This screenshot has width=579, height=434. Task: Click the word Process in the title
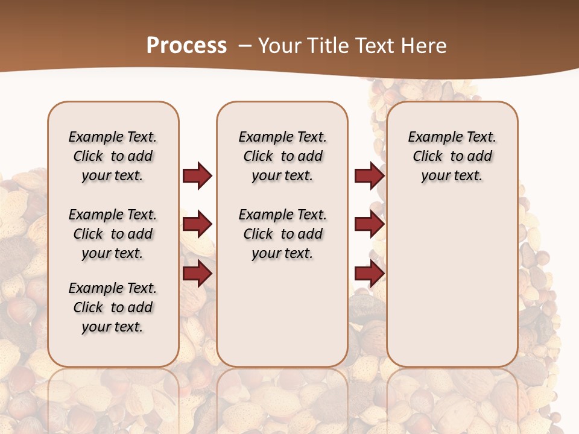click(x=186, y=46)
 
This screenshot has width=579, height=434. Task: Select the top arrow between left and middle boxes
click(x=197, y=175)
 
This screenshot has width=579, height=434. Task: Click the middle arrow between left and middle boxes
click(x=197, y=224)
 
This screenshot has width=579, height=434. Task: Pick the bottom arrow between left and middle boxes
click(x=197, y=273)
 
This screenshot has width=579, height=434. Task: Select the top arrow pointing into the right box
click(x=369, y=175)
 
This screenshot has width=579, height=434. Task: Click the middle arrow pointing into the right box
click(x=369, y=224)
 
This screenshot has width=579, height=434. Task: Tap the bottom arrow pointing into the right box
click(x=369, y=273)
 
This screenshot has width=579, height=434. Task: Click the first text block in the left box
click(x=113, y=156)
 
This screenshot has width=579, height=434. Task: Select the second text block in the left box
click(x=113, y=234)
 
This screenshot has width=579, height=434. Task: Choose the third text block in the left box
click(x=113, y=307)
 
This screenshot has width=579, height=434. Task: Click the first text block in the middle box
click(x=282, y=156)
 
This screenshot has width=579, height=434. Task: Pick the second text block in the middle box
click(x=282, y=234)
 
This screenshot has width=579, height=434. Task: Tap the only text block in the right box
click(x=452, y=156)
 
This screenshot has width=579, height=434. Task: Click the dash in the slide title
click(x=244, y=46)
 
